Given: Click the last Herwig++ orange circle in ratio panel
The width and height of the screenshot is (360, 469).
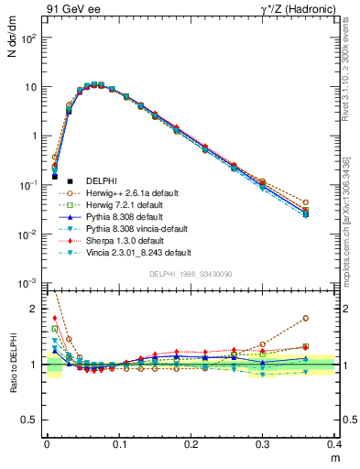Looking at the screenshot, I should click(331, 319).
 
